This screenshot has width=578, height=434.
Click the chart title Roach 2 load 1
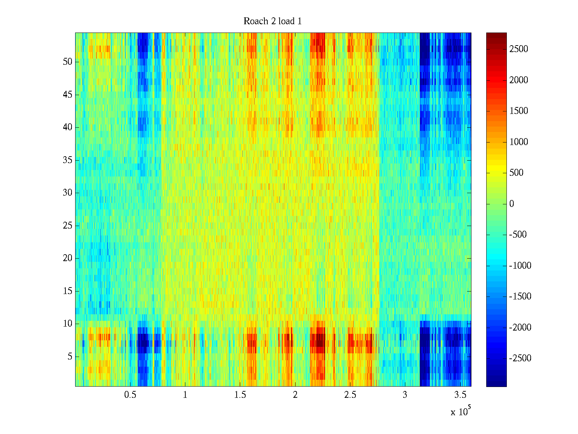coord(273,21)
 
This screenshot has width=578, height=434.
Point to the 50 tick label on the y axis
coord(68,62)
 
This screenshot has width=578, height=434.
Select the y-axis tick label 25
coord(68,226)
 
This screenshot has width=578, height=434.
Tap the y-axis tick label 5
coord(70,357)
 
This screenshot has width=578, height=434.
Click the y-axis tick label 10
coord(68,324)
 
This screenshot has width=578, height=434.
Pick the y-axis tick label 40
coord(68,127)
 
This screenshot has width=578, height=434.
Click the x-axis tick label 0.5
coord(130,395)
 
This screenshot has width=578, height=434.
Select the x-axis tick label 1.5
coord(240,395)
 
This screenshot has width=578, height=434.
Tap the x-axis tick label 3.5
coord(460,395)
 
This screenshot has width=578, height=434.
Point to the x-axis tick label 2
coord(295,395)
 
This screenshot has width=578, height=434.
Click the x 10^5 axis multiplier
coord(460,411)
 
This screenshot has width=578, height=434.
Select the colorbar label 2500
coord(519,49)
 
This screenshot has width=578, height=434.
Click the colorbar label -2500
coord(520,358)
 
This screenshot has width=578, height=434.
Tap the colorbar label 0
coord(512,204)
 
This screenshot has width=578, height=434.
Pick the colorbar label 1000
coord(519,142)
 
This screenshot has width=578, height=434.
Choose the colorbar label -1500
coord(520,297)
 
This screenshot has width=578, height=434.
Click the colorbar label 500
coord(517,173)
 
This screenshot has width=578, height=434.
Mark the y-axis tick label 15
coord(68,291)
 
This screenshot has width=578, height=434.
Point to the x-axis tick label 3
coord(405,395)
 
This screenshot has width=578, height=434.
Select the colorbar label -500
coord(518,235)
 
